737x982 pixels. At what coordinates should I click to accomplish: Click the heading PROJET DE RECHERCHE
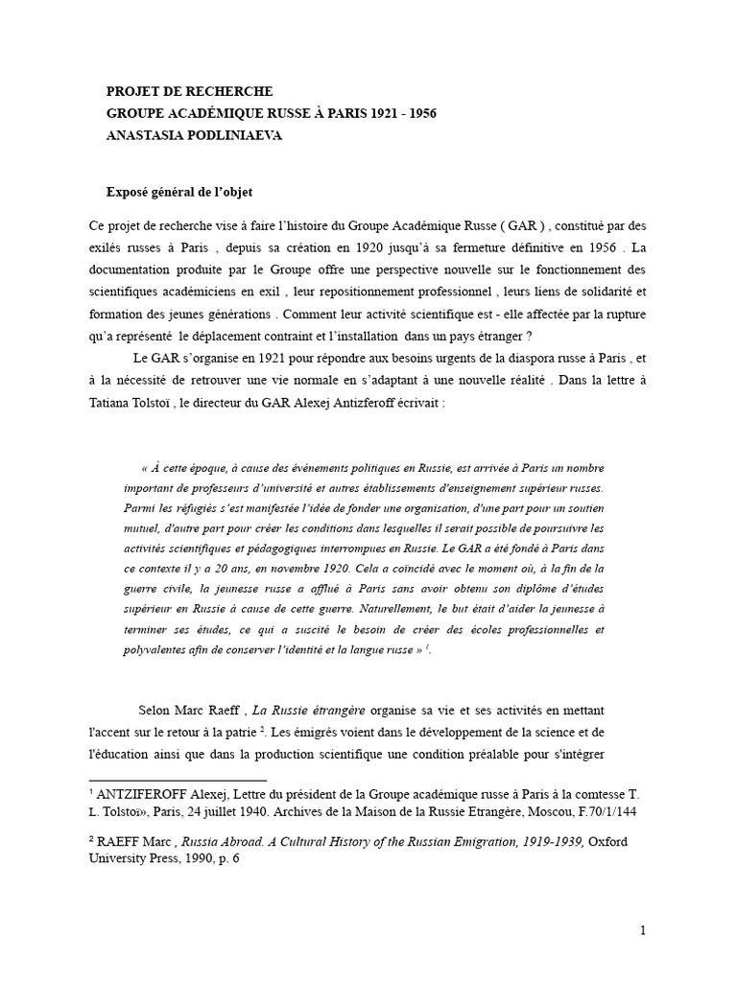190,91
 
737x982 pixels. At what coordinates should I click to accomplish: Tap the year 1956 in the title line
416,113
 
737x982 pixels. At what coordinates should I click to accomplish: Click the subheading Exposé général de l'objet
179,193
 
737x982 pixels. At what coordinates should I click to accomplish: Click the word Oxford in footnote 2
611,841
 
